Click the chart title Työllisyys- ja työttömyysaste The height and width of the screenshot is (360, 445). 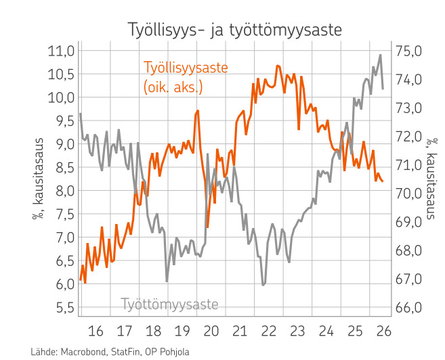[x=235, y=30]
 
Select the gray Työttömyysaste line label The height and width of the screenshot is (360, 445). [x=169, y=304]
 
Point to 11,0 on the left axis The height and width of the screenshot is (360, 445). [x=61, y=51]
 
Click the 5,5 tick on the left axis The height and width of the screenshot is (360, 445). [x=65, y=308]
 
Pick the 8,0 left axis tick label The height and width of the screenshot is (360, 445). [x=65, y=191]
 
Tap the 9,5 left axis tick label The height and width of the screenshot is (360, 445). [x=65, y=121]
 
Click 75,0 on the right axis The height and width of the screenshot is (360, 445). [x=409, y=51]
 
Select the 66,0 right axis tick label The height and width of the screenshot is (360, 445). [x=409, y=308]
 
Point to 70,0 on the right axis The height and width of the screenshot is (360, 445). [x=409, y=194]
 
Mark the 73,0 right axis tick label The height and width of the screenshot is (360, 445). [x=409, y=108]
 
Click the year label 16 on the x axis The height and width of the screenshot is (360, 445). [x=96, y=331]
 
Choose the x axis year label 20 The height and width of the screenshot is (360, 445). [x=211, y=331]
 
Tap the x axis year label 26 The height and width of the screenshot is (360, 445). [x=383, y=331]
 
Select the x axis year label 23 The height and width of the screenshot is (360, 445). [x=297, y=331]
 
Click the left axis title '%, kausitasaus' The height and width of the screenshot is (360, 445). [x=38, y=179]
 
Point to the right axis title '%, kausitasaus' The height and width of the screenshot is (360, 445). [x=430, y=179]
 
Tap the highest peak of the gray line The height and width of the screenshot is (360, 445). [x=380, y=55]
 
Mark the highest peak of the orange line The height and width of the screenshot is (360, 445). [x=278, y=66]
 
